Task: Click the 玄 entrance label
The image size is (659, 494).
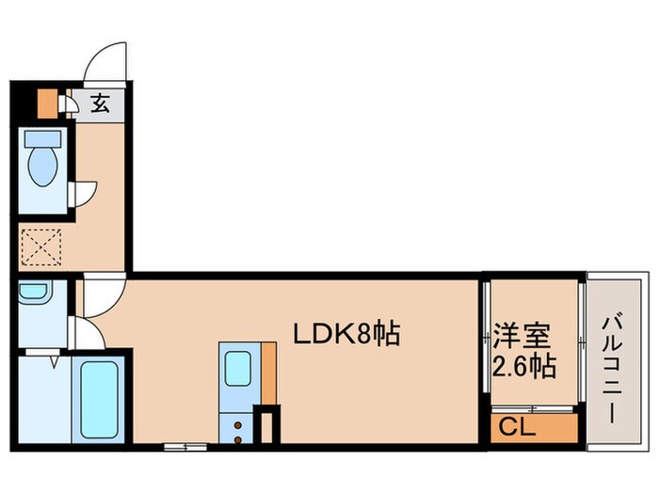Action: (x=101, y=104)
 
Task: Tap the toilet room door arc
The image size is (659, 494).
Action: (x=85, y=191)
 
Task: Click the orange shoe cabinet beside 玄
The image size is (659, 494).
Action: (x=46, y=103)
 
